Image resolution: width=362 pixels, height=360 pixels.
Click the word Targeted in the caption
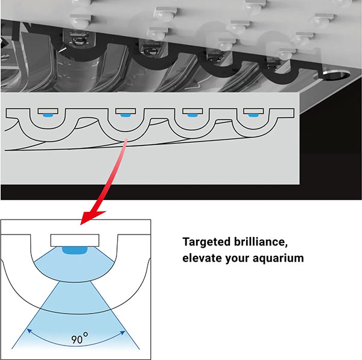206,242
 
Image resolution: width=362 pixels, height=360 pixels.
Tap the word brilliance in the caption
261,242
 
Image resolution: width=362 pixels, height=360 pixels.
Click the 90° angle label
80,338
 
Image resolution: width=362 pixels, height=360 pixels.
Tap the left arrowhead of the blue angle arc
30,331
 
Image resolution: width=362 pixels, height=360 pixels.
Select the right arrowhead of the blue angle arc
122,333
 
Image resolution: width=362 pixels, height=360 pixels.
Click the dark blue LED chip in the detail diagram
75,250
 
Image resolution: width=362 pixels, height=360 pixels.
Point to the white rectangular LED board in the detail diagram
75,240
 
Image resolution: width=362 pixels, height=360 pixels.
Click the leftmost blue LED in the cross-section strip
48,115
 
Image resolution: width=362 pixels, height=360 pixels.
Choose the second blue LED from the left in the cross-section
125,115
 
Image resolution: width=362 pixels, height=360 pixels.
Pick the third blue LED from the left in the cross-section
192,115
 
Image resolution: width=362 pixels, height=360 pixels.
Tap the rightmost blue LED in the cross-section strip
253,115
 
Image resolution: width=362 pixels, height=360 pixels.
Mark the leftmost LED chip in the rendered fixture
79,39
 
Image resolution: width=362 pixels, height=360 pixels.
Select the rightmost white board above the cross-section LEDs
253,111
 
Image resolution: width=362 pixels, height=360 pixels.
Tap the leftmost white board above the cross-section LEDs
48,111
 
